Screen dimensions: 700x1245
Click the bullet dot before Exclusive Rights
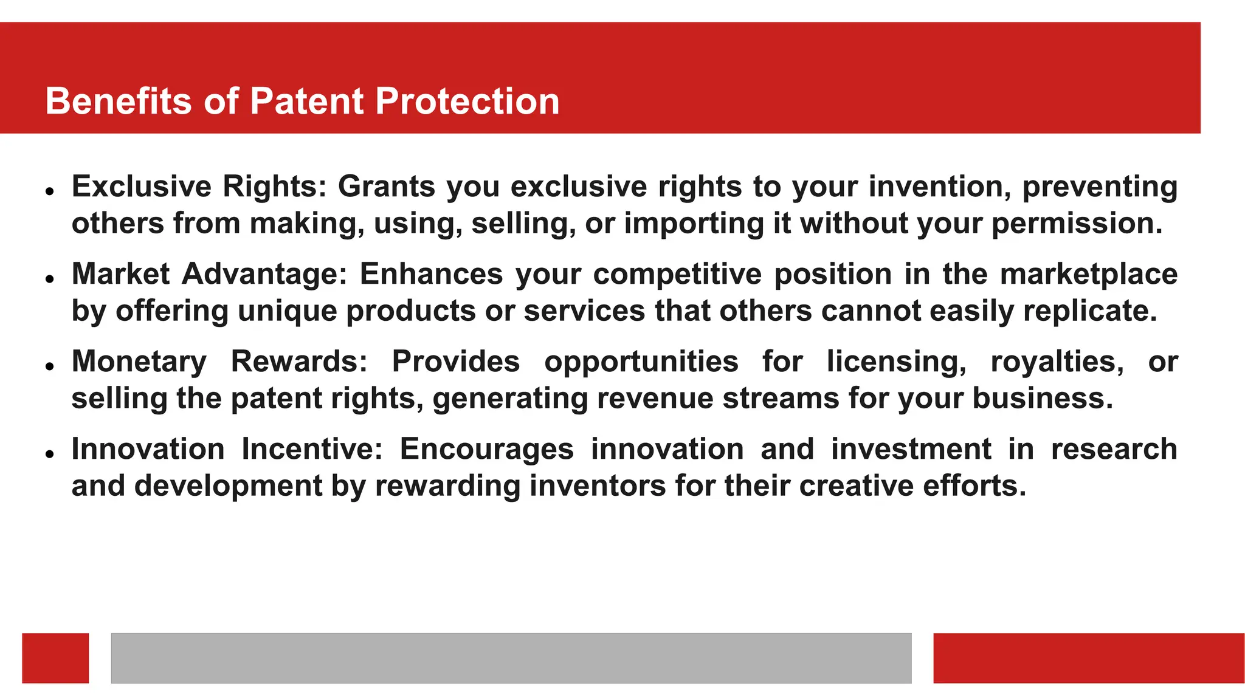(x=50, y=191)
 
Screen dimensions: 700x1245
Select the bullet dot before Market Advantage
(x=50, y=278)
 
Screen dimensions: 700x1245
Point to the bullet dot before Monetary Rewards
(x=50, y=366)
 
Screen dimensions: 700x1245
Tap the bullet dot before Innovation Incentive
(x=50, y=453)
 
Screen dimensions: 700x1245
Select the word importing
(x=694, y=224)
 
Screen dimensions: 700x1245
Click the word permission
(x=1077, y=224)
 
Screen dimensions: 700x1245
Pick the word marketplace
(x=1089, y=274)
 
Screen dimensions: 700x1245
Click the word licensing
(x=896, y=362)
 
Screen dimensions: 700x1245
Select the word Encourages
(x=486, y=449)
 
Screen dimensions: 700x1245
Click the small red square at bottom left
(x=55, y=658)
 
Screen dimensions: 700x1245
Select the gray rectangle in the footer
(x=511, y=658)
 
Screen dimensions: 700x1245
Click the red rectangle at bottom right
(x=1088, y=658)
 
